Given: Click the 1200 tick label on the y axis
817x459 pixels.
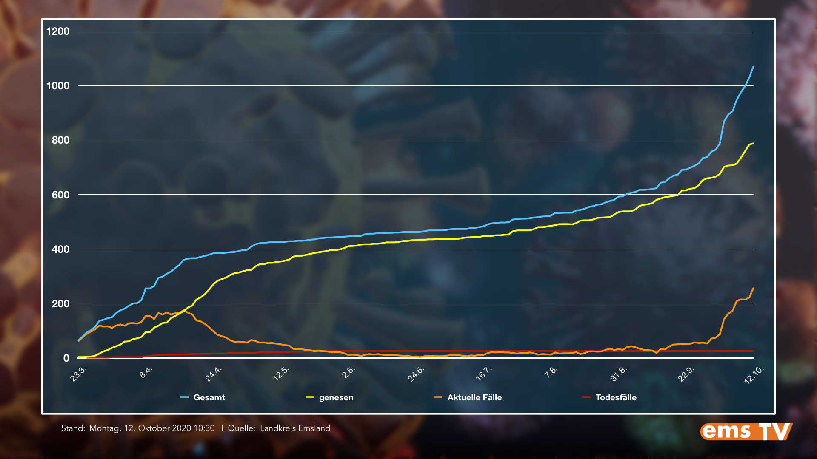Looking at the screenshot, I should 58,31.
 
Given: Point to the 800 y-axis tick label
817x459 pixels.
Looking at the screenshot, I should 60,140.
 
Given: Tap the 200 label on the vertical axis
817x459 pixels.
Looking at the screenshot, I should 60,303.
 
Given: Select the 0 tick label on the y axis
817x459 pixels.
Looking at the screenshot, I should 66,358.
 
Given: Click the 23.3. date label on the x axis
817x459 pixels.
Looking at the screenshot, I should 78,374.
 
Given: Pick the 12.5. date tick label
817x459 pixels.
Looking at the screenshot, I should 281,374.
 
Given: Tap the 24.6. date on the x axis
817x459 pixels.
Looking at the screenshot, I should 416,374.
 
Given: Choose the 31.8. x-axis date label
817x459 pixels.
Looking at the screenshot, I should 618,374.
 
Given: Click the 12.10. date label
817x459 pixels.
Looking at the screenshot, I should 754,375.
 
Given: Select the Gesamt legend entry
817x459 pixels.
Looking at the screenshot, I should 209,397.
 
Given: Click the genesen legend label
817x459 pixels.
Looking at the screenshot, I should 336,397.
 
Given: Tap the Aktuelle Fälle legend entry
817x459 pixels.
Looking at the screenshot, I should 474,397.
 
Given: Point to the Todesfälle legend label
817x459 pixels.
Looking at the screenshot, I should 616,397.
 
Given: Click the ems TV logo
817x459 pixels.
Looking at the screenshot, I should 746,431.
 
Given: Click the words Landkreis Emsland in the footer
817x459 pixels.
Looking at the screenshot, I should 295,428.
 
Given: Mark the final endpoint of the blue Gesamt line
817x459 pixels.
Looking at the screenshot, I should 753,67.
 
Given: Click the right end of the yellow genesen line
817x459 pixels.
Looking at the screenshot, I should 753,144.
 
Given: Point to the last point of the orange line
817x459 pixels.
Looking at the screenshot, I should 753,288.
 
